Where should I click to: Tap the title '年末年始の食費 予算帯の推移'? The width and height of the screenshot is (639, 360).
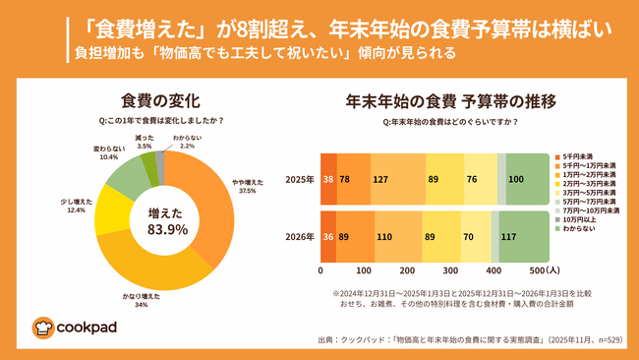coord(450,100)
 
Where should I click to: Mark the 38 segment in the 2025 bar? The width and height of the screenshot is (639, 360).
coord(327,180)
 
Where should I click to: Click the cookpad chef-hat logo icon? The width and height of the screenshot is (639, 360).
coord(42,327)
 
